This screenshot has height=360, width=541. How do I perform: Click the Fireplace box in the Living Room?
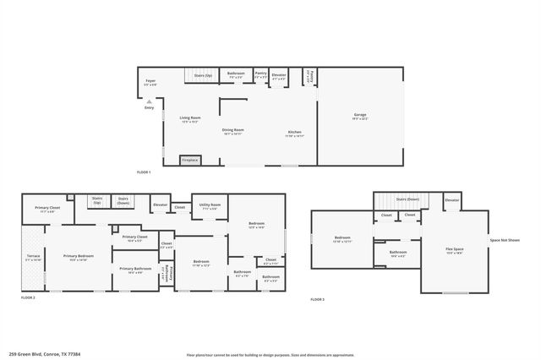point(190,158)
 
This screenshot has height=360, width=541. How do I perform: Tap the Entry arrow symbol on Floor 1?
point(149,101)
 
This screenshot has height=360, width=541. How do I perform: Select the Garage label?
point(359,116)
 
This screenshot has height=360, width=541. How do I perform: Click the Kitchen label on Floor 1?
point(294,133)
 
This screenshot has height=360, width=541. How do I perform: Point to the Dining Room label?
point(233,131)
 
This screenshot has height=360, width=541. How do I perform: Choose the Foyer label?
point(150,82)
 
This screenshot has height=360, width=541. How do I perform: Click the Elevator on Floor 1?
point(279,76)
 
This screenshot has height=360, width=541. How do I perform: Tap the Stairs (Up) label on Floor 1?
point(204,75)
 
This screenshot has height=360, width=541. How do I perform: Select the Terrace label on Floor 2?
point(33,257)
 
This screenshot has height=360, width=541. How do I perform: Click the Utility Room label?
point(210,205)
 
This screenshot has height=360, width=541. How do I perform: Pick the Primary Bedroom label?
point(78,257)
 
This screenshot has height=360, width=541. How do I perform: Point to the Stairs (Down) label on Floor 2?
point(123,200)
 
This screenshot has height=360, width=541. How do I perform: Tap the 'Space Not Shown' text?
point(505,240)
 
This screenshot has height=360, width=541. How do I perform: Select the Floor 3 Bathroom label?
point(398,253)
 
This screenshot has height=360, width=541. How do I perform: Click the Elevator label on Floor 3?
point(452,200)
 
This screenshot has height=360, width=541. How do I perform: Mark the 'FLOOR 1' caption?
point(143,172)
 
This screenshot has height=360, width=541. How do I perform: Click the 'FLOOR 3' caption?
point(317,299)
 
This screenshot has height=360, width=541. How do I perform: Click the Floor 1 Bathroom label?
point(237,74)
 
